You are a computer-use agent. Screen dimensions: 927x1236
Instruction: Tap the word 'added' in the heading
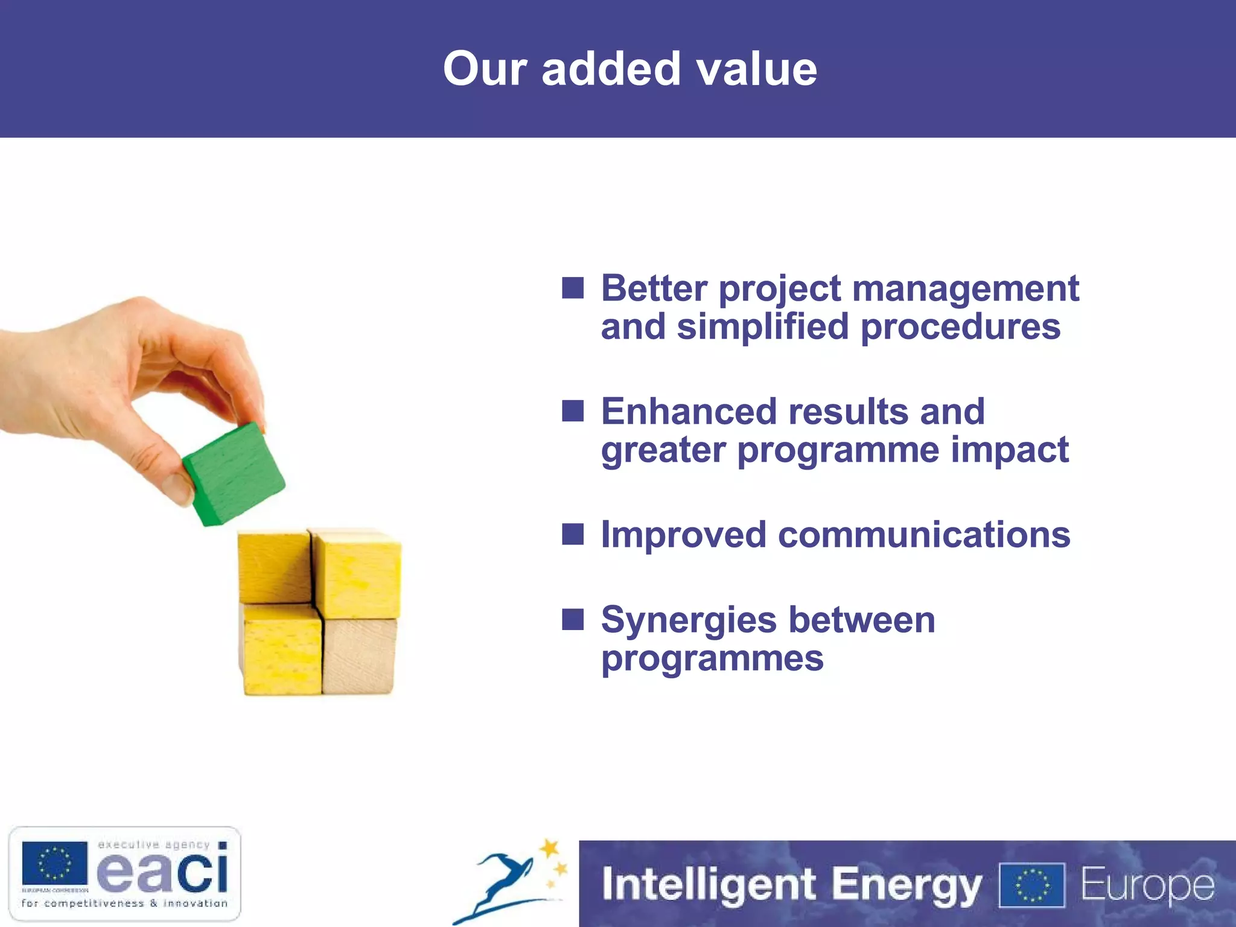tap(611, 69)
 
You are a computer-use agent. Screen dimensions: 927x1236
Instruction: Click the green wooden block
tap(233, 474)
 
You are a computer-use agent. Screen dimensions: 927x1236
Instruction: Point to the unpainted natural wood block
tap(360, 657)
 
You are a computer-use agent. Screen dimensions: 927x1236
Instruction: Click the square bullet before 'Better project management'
tap(573, 288)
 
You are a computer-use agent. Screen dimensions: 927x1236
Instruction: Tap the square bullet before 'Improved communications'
tap(573, 534)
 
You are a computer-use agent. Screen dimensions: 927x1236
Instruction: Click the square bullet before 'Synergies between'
tap(573, 619)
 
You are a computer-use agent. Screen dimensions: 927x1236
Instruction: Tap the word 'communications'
tap(924, 535)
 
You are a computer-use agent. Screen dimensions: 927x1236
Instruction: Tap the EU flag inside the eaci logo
tap(55, 863)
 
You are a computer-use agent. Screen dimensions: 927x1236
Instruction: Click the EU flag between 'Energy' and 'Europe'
tap(1032, 885)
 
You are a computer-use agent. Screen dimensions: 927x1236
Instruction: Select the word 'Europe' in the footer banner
tap(1147, 885)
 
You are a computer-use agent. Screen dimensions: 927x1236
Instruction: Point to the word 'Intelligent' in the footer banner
tap(709, 885)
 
